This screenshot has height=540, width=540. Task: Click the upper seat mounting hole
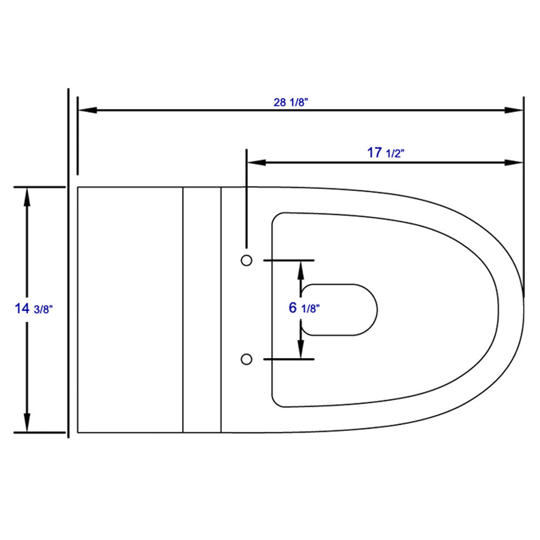246,260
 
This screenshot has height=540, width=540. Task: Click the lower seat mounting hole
246,359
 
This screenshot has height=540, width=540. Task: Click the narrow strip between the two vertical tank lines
202,309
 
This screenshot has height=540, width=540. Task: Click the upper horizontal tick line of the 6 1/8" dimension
288,260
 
